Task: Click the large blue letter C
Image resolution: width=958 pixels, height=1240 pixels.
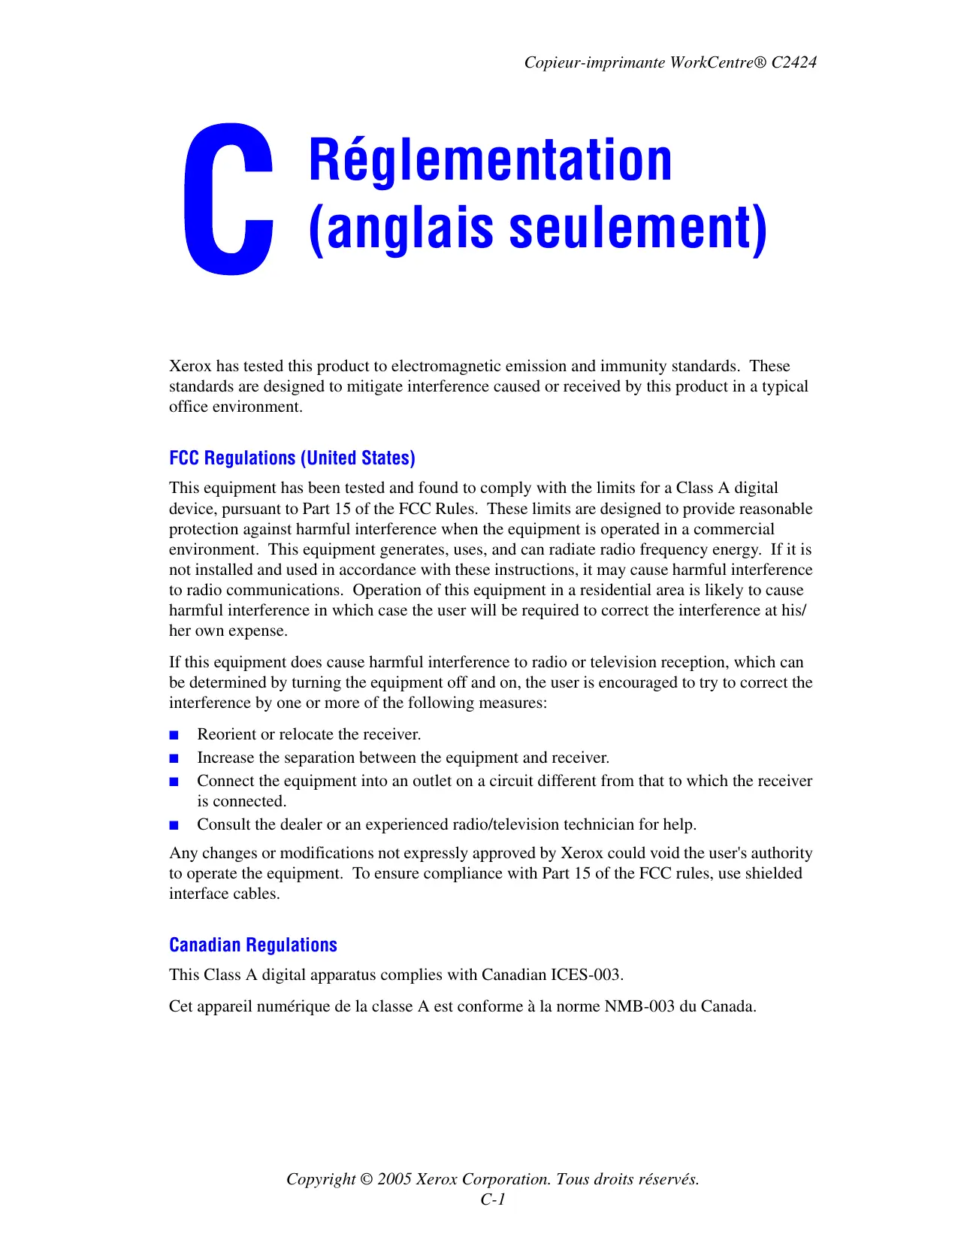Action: (x=228, y=199)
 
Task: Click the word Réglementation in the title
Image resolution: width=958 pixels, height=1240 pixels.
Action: (x=490, y=160)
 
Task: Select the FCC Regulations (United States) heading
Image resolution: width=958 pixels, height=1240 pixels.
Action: (x=292, y=458)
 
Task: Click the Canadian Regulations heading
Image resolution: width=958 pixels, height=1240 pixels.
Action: (x=252, y=945)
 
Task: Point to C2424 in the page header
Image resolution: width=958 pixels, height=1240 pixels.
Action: (x=793, y=62)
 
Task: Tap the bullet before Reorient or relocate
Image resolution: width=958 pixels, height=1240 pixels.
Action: (x=174, y=735)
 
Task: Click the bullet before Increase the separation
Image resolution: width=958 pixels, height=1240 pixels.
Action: (x=174, y=758)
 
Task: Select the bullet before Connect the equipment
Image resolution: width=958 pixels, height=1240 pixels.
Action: (x=174, y=782)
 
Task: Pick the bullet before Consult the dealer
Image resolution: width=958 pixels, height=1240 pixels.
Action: (x=174, y=825)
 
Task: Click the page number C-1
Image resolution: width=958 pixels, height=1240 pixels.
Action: (x=493, y=1199)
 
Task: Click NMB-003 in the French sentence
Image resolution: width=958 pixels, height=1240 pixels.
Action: (x=639, y=1006)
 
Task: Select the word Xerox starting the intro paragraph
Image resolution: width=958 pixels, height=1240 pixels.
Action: (x=190, y=366)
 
